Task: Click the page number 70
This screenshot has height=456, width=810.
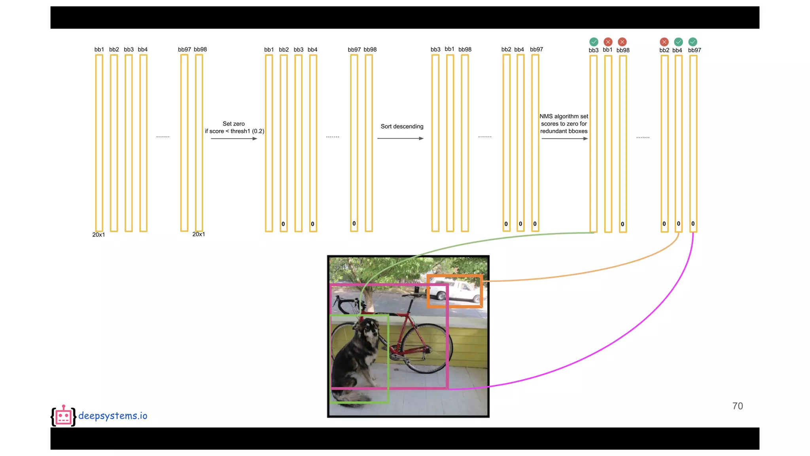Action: tap(737, 406)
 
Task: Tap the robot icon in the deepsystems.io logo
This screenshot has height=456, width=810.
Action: tap(63, 416)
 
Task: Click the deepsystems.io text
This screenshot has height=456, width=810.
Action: tap(113, 416)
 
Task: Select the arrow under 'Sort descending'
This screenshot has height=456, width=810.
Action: tap(400, 139)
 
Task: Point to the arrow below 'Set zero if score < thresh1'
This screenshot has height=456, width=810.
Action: tap(234, 139)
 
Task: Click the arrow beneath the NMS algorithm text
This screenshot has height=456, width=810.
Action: tap(564, 139)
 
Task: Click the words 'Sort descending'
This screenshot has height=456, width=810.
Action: tap(402, 126)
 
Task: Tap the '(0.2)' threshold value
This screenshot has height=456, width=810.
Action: tap(258, 131)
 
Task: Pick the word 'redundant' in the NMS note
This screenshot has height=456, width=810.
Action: tap(553, 131)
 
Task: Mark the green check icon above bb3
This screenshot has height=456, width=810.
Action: tap(594, 42)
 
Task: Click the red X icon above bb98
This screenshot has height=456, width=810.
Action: tap(622, 42)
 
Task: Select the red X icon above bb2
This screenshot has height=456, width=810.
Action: tap(664, 42)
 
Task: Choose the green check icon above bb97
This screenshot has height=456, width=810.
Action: tap(693, 42)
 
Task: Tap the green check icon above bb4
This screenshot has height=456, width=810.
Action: tap(678, 42)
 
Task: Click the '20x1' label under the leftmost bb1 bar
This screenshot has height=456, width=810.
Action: tap(98, 235)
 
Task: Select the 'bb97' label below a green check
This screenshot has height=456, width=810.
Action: tap(694, 50)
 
